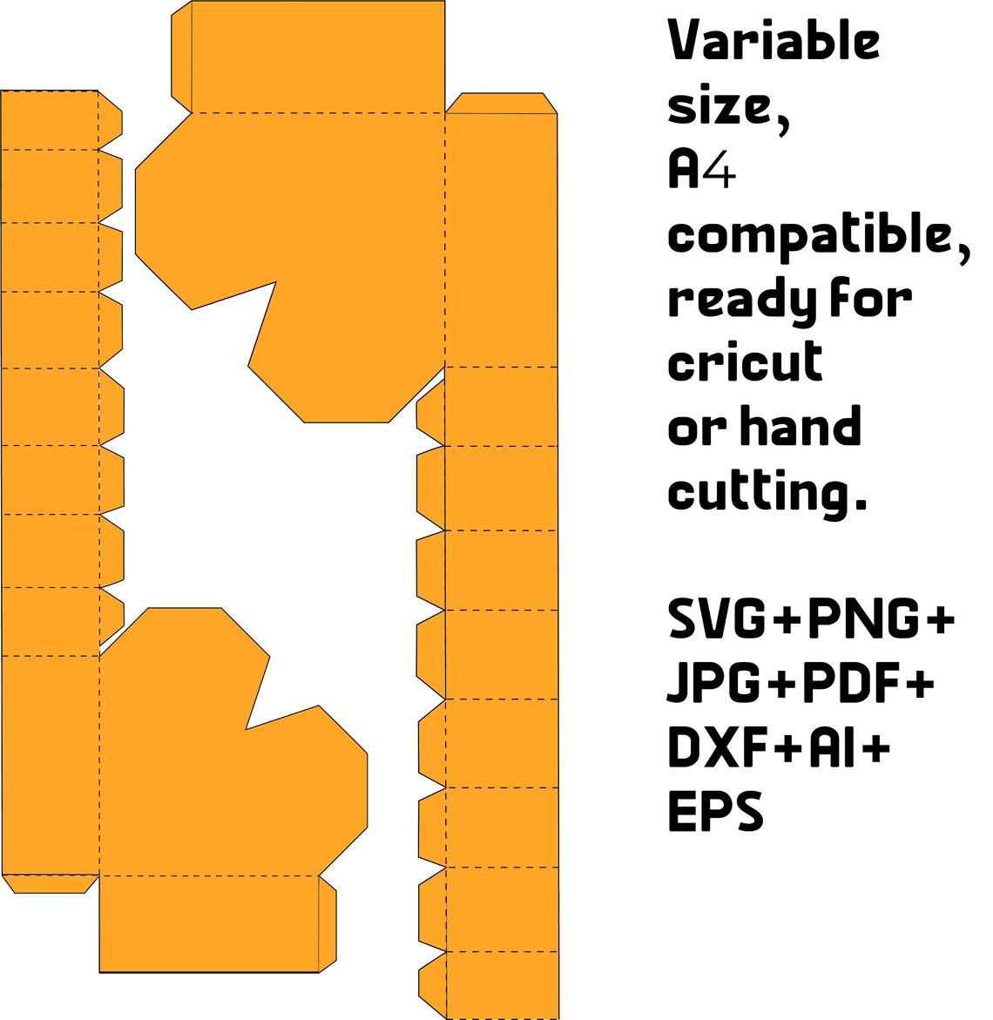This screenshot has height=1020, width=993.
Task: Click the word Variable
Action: (773, 40)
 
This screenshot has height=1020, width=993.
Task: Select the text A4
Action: (702, 168)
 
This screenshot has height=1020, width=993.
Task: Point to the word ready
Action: (737, 301)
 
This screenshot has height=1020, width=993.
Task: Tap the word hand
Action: (801, 425)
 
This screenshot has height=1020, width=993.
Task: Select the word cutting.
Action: (767, 493)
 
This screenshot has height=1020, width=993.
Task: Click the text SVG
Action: (717, 618)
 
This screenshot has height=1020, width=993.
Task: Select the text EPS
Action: (715, 811)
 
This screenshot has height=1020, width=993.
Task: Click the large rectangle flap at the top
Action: (318, 57)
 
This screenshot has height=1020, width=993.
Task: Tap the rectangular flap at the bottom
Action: (209, 923)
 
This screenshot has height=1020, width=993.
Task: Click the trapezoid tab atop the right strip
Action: (501, 104)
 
